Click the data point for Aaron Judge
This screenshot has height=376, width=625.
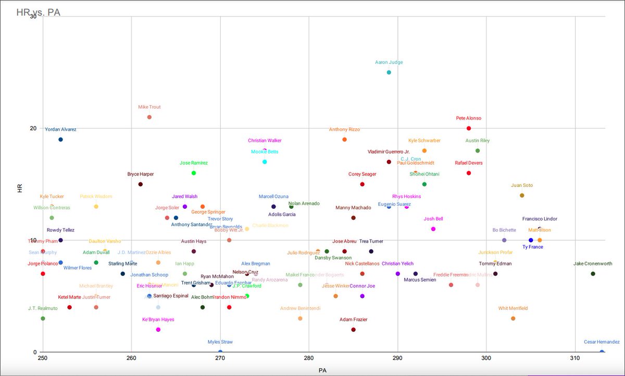point(389,72)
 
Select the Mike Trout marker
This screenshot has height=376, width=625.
point(149,117)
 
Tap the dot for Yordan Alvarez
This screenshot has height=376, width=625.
point(60,140)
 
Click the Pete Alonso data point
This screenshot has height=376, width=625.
point(469,128)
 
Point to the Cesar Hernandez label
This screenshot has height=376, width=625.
point(602,342)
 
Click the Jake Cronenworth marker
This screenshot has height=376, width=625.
point(593,274)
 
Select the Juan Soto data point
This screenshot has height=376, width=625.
point(522,195)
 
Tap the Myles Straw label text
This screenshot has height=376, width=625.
point(220,342)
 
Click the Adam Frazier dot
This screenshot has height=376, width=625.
point(353,330)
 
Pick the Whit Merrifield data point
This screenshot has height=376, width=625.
point(513,318)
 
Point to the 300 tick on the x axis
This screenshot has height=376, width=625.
point(486,359)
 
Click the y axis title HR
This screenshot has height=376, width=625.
point(20,188)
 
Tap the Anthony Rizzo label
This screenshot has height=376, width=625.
point(344,130)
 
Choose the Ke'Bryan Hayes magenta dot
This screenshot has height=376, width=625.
point(158,330)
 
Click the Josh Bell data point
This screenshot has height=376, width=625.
point(433,229)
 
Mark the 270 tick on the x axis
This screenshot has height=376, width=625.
point(220,359)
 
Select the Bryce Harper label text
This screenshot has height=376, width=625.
point(141,174)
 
